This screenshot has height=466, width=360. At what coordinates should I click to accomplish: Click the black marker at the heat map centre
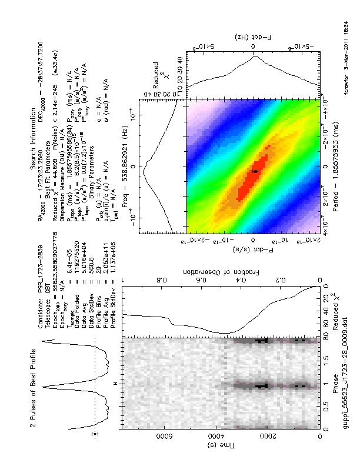[255, 171]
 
